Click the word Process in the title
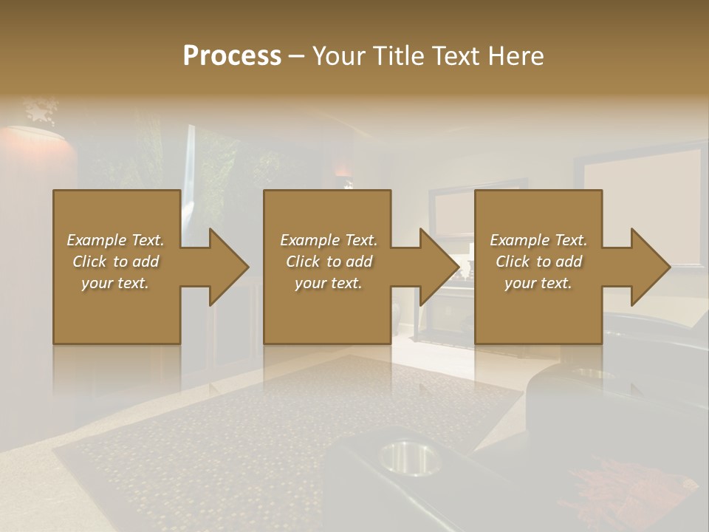pyautogui.click(x=232, y=56)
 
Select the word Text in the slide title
pyautogui.click(x=453, y=56)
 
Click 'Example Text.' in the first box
pyautogui.click(x=115, y=240)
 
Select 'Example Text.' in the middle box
pyautogui.click(x=328, y=240)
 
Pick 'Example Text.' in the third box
pyautogui.click(x=538, y=240)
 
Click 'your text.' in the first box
pyautogui.click(x=115, y=283)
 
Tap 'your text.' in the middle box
pyautogui.click(x=328, y=283)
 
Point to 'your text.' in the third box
pyautogui.click(x=538, y=283)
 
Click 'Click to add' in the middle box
pyautogui.click(x=329, y=262)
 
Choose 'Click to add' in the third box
pyautogui.click(x=539, y=262)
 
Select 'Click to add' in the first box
pyautogui.click(x=116, y=262)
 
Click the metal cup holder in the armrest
pyautogui.click(x=408, y=457)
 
